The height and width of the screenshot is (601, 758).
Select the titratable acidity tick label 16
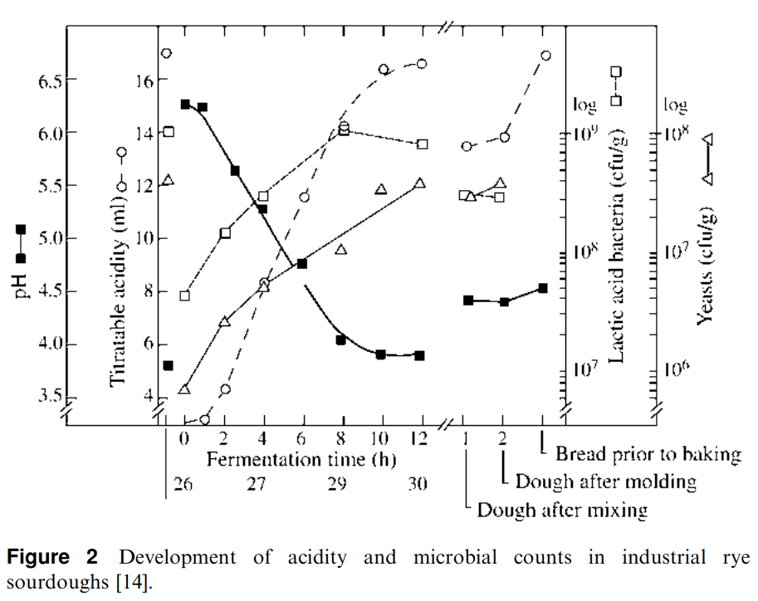tap(143, 81)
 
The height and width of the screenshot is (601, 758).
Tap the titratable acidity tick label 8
tap(147, 291)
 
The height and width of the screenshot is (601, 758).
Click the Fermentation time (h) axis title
tap(301, 459)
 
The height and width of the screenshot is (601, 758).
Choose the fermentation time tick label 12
tap(420, 437)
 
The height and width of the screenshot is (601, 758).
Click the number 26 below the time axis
tap(183, 483)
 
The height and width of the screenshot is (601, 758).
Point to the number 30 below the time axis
tap(418, 483)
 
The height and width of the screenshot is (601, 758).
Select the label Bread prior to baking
tap(648, 454)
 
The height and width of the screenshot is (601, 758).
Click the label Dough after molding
tap(606, 481)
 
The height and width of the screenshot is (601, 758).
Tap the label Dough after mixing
tap(562, 509)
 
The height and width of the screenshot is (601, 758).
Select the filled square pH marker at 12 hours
tap(420, 355)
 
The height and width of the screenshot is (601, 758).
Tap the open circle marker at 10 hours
tap(384, 70)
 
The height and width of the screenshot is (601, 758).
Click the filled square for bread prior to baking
tap(543, 288)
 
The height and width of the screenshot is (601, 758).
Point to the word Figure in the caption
tap(37, 558)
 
